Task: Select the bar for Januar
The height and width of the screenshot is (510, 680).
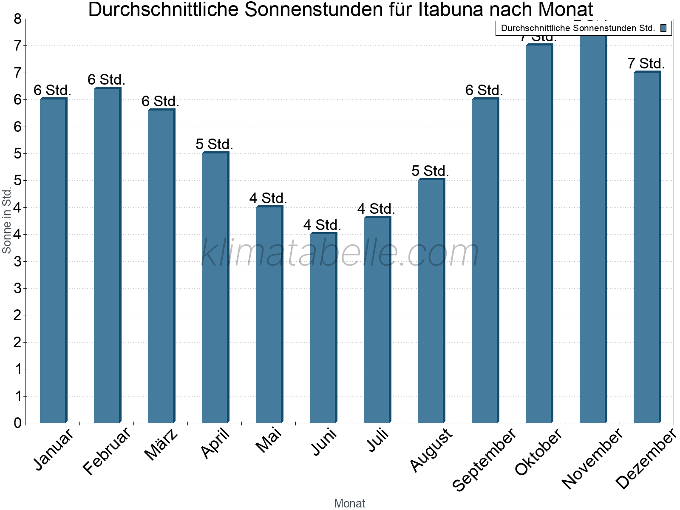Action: pyautogui.click(x=53, y=261)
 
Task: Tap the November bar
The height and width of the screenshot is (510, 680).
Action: pyautogui.click(x=593, y=229)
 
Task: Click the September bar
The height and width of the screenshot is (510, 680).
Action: pyautogui.click(x=485, y=261)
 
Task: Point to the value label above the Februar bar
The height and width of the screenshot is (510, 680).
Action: pyautogui.click(x=106, y=79)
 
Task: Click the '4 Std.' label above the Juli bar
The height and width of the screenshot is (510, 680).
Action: pyautogui.click(x=376, y=209)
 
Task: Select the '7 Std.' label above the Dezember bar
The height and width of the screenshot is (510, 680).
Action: pyautogui.click(x=646, y=63)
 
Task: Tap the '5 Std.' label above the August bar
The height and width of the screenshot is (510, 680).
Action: pyautogui.click(x=430, y=171)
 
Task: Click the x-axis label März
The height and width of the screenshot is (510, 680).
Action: pyautogui.click(x=161, y=444)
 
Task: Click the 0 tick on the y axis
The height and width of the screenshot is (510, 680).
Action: pyautogui.click(x=17, y=423)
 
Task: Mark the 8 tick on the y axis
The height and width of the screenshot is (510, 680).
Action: pyautogui.click(x=17, y=19)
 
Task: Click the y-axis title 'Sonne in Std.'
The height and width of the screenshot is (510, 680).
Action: pyautogui.click(x=7, y=221)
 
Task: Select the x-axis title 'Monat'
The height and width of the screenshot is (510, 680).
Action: pyautogui.click(x=349, y=503)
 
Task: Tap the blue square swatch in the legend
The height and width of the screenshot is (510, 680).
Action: pyautogui.click(x=663, y=28)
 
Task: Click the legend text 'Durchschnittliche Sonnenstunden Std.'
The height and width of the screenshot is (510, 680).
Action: pyautogui.click(x=578, y=28)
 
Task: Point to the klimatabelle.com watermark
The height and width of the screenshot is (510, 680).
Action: pyautogui.click(x=340, y=253)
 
